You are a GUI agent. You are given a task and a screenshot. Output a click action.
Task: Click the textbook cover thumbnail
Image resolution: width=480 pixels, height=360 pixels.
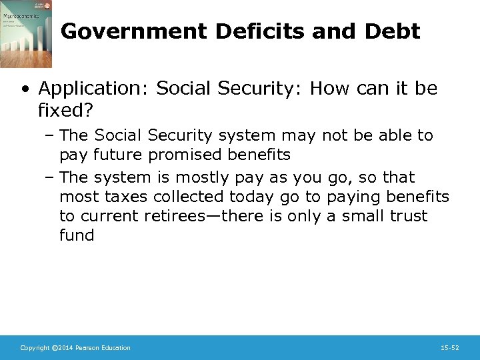pyautogui.click(x=26, y=34)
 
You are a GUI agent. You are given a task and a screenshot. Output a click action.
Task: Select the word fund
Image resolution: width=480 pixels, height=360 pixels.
pyautogui.click(x=77, y=235)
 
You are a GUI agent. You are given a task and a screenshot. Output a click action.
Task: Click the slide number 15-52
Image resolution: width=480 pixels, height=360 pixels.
pyautogui.click(x=450, y=348)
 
